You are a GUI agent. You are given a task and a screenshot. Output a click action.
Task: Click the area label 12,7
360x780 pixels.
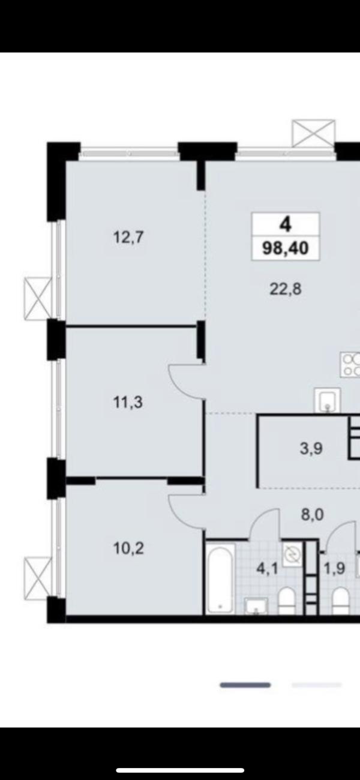point(128,238)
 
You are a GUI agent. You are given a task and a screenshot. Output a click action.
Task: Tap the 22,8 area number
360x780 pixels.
point(286,289)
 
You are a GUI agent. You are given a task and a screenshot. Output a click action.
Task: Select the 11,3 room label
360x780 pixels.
point(128,403)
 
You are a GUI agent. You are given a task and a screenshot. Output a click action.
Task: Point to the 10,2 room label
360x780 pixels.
point(128,548)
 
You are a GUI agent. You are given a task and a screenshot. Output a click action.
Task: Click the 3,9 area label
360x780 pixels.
point(311,449)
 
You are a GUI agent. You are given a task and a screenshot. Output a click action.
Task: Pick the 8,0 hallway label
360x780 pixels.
point(313,514)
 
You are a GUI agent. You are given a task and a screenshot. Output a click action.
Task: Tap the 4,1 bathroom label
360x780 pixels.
point(267,569)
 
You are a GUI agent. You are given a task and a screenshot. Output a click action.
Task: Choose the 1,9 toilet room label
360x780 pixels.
point(335,569)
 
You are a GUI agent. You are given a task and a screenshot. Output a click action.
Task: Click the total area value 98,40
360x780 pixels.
point(286,248)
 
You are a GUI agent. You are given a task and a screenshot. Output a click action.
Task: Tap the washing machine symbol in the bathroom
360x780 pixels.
point(292,555)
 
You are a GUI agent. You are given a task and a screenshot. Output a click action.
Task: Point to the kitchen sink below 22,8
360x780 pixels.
point(327,400)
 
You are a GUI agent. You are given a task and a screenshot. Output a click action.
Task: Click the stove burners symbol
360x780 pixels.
point(350,365)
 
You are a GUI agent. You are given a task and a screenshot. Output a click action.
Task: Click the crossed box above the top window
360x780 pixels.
point(314,133)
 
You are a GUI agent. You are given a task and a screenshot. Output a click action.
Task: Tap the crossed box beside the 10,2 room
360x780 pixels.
point(38,578)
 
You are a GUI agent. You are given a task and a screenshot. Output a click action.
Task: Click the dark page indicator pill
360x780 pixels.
point(245,685)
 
